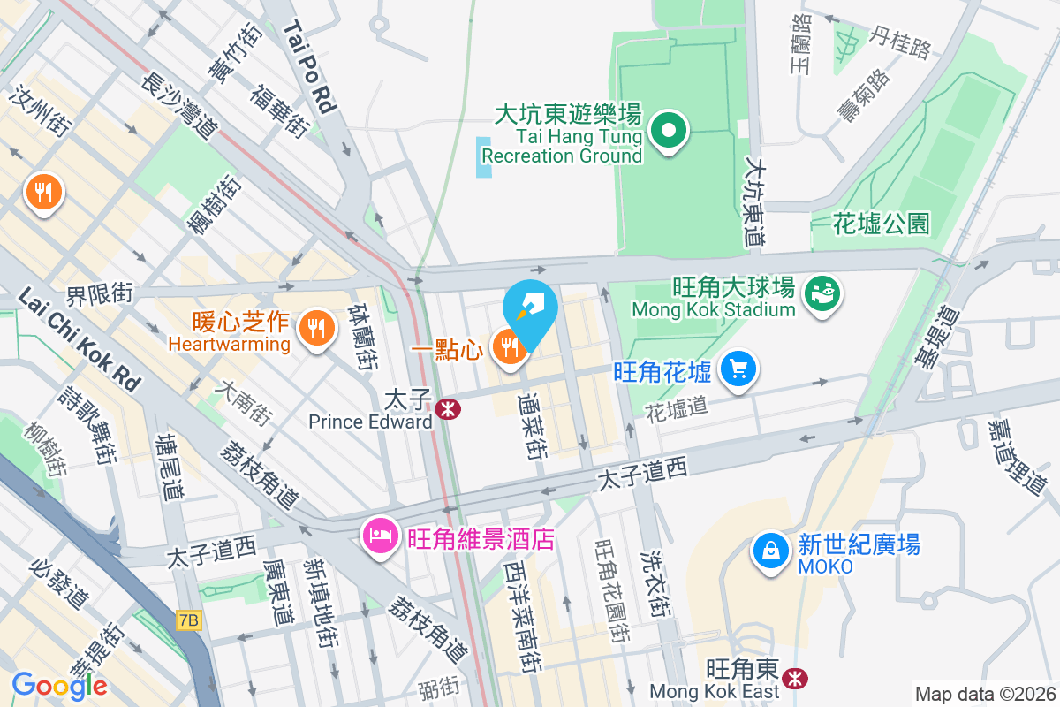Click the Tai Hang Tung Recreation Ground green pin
click(x=669, y=132)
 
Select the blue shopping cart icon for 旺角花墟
click(x=738, y=369)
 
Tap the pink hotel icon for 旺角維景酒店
click(x=381, y=536)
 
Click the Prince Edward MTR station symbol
click(x=448, y=408)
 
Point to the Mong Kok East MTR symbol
click(x=796, y=677)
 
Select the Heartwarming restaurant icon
click(x=315, y=329)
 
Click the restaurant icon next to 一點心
click(x=509, y=346)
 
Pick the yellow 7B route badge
click(x=189, y=621)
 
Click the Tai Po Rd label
click(x=310, y=67)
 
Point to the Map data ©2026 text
click(x=986, y=694)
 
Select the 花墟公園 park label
click(x=882, y=224)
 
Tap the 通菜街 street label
click(x=534, y=426)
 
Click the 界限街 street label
click(x=100, y=293)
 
